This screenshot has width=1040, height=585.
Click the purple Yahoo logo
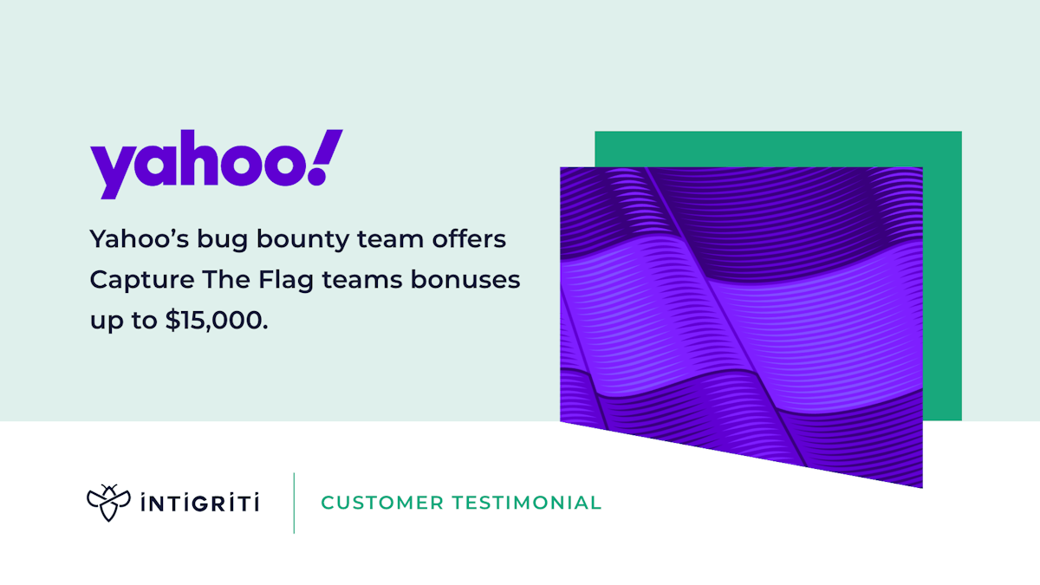216,165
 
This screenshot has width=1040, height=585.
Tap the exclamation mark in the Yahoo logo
327,157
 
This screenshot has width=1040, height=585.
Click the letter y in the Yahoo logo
110,172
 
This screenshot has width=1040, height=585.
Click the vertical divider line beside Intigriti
294,503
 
